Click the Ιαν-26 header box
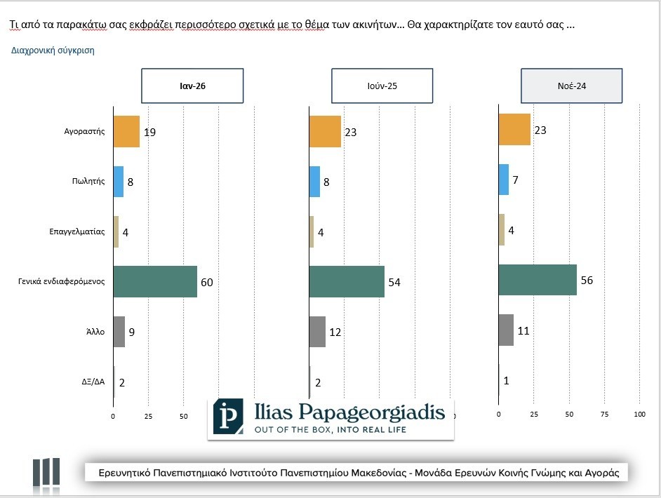pos(192,86)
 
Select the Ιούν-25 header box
pos(382,86)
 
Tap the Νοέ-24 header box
pos(571,86)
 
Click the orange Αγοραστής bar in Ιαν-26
pos(126,131)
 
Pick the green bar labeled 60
pos(155,282)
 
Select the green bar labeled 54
pos(347,281)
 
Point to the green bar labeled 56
pos(538,280)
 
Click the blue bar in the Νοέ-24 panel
pos(503,180)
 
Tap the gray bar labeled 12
pos(317,332)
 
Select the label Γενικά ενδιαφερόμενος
pos(62,282)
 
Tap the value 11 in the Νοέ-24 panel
pos(523,330)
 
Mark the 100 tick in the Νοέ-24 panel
pos(639,415)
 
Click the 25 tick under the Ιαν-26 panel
pos(148,416)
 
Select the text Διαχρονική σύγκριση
pos(53,51)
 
